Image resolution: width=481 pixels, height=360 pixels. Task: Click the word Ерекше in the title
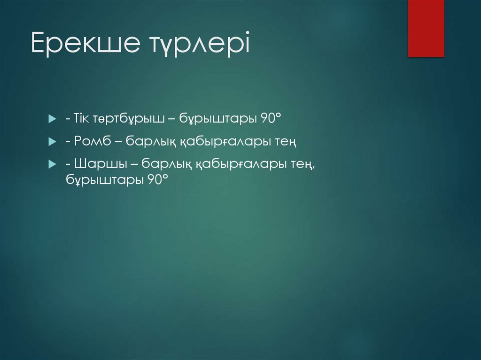(x=84, y=43)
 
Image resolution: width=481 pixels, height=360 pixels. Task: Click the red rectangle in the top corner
(x=426, y=28)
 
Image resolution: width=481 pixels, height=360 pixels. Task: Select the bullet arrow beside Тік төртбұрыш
(x=52, y=120)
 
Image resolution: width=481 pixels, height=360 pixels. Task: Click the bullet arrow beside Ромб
(x=52, y=141)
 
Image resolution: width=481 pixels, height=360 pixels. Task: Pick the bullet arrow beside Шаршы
(x=52, y=163)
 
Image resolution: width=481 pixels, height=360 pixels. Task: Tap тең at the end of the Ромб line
(x=289, y=141)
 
